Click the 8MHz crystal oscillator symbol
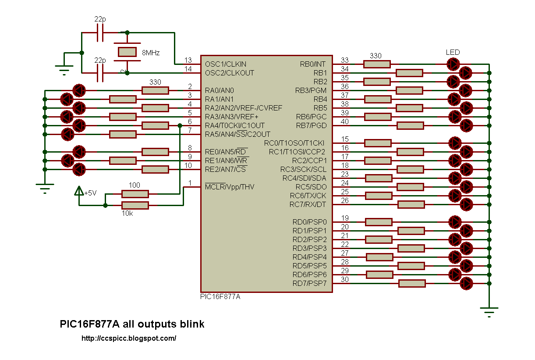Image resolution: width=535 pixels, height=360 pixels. click(127, 52)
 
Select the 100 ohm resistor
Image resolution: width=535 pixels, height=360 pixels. click(135, 194)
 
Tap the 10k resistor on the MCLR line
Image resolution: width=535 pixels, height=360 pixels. click(135, 205)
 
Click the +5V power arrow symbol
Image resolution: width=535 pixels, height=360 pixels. click(79, 191)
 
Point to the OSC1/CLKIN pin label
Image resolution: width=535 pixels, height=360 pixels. click(226, 64)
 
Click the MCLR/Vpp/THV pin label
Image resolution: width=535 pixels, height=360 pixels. click(230, 187)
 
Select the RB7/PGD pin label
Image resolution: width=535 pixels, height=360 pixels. click(311, 125)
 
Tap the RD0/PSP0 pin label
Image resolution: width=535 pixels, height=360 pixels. click(309, 222)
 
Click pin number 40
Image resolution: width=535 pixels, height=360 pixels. click(345, 121)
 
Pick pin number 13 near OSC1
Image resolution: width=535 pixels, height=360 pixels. click(188, 60)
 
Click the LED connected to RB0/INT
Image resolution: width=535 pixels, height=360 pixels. click(453, 64)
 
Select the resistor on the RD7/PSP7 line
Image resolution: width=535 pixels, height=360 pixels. click(412, 284)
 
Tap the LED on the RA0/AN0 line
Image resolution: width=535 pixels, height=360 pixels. click(79, 90)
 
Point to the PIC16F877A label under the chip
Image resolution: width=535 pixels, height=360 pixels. click(220, 297)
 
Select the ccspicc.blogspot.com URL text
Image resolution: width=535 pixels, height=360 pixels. click(129, 338)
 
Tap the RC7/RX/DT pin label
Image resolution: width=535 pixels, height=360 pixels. click(308, 204)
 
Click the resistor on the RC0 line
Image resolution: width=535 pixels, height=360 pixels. click(378, 143)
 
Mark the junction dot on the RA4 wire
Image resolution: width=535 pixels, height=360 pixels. click(180, 125)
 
